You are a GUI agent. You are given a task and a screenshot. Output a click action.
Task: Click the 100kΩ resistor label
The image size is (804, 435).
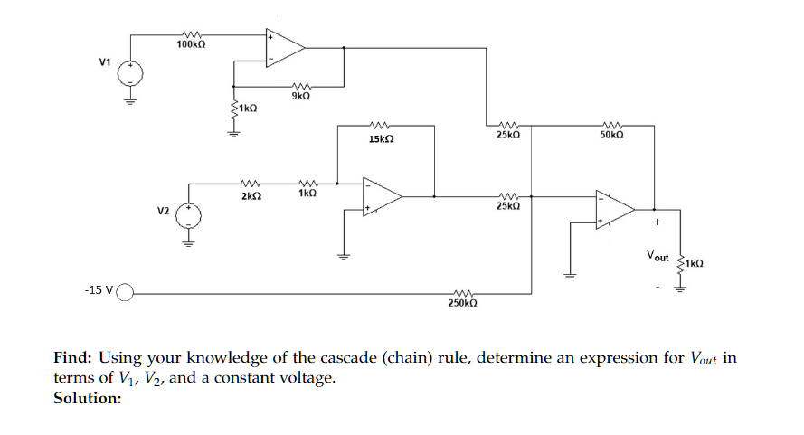point(189,44)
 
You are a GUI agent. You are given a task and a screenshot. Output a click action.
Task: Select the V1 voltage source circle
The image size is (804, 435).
point(130,71)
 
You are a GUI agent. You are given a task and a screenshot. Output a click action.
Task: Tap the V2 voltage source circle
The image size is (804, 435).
point(188,215)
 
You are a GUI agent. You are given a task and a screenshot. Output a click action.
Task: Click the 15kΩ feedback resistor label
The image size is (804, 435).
point(381,140)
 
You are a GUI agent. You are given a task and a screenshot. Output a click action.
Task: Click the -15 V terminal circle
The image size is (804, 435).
point(125,292)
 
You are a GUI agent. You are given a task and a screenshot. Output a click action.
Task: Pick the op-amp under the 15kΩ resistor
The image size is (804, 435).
point(381,195)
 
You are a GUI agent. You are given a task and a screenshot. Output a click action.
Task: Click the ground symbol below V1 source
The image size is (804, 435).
point(130,99)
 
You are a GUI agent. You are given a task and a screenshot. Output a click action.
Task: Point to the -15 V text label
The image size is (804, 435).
point(98,291)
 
